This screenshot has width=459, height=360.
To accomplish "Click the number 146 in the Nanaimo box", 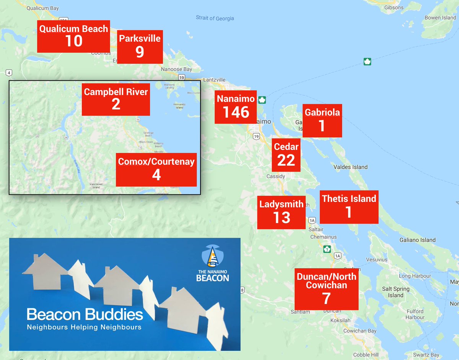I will pyautogui.click(x=236, y=112).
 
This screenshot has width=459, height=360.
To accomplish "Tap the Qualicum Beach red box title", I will pyautogui.click(x=73, y=29).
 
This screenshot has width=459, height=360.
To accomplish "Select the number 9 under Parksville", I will pyautogui.click(x=140, y=52).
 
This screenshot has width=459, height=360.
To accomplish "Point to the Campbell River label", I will pyautogui.click(x=116, y=92).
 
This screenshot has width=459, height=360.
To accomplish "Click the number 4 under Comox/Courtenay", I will pyautogui.click(x=156, y=175).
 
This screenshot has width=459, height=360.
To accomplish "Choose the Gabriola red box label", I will pyautogui.click(x=322, y=112).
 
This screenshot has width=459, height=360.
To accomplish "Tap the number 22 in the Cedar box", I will pyautogui.click(x=286, y=160).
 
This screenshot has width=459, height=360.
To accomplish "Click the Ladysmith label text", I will pyautogui.click(x=282, y=204).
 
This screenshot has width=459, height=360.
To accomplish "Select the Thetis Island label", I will pyautogui.click(x=349, y=199).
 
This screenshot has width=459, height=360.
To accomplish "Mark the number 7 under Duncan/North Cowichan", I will pyautogui.click(x=326, y=298).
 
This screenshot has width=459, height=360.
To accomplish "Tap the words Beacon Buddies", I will pyautogui.click(x=85, y=314).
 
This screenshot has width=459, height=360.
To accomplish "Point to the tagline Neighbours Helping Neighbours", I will pyautogui.click(x=84, y=327).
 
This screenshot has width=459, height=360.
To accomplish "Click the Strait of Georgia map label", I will pyautogui.click(x=215, y=18).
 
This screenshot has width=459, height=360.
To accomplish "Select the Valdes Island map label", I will pyautogui.click(x=350, y=167).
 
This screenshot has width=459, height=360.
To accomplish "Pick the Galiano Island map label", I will pyautogui.click(x=417, y=240).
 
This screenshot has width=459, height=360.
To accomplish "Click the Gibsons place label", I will pyautogui.click(x=394, y=7).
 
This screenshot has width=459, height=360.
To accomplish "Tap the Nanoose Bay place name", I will pyautogui.click(x=176, y=69).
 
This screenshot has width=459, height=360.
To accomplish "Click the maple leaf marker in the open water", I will pyautogui.click(x=367, y=61).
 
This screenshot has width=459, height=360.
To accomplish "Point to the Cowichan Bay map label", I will pyautogui.click(x=360, y=331).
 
